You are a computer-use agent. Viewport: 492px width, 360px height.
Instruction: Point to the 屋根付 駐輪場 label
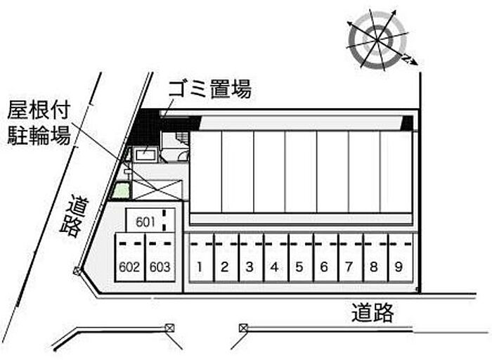click(x=39, y=122)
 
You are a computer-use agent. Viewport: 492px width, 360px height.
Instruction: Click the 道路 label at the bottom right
click(x=373, y=313)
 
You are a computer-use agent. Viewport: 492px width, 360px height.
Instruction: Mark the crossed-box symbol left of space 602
click(x=77, y=270)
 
